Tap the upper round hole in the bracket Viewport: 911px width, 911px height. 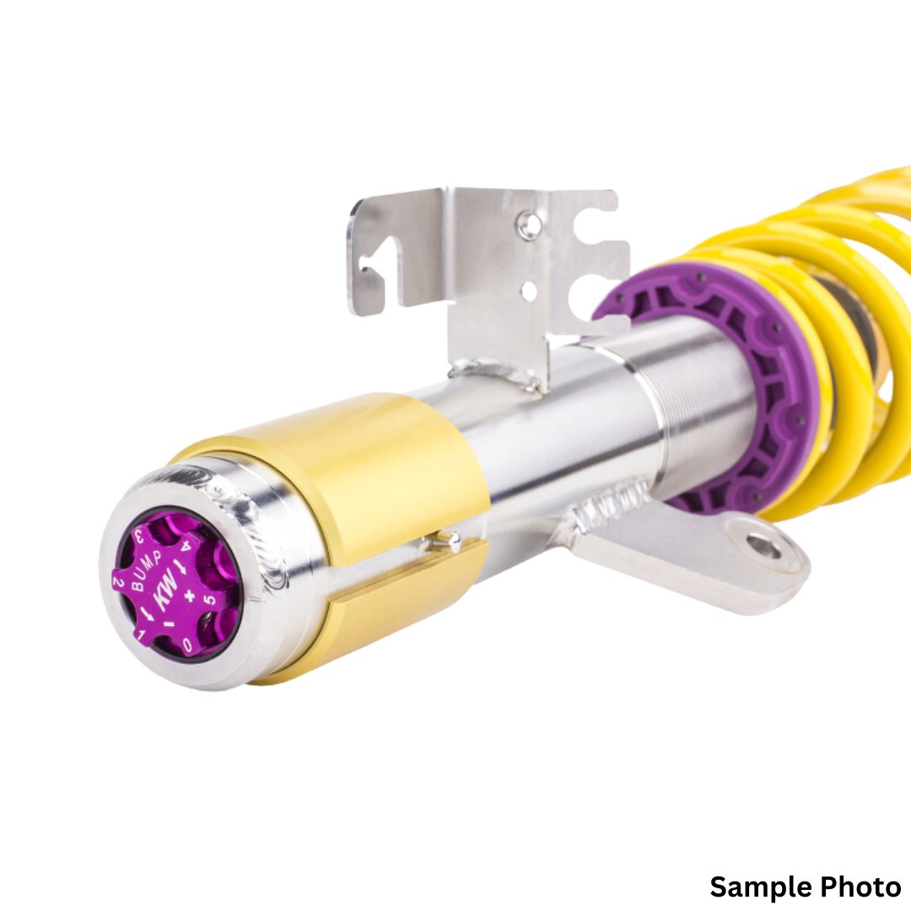pyautogui.click(x=530, y=224)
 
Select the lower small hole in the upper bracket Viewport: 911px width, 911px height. pyautogui.click(x=529, y=292)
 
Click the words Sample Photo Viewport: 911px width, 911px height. pyautogui.click(x=805, y=887)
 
